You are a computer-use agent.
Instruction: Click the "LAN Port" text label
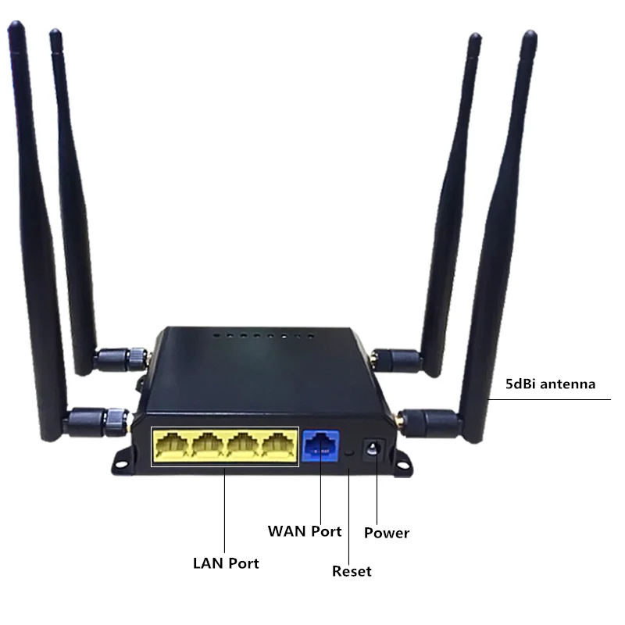coord(226,562)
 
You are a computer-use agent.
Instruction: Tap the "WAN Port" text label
coord(305,531)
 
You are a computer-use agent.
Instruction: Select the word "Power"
coord(387,533)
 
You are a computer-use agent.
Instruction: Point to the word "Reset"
coord(352,571)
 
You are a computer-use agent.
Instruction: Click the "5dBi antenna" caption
coord(550,384)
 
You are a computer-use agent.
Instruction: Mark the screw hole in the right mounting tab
coord(404,464)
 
